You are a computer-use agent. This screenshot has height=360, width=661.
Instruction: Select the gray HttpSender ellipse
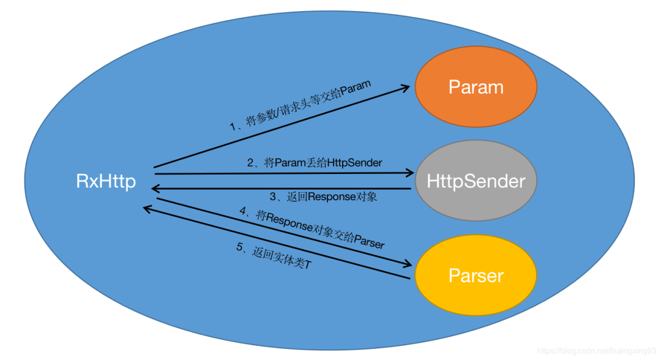click(476, 182)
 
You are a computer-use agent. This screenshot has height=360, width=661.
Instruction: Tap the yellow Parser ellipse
click(476, 276)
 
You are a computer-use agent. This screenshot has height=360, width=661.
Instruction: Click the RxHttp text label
click(106, 181)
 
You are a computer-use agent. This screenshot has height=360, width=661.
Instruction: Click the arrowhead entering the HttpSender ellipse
click(409, 174)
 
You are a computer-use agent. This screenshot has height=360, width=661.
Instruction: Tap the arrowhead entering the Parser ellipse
click(408, 264)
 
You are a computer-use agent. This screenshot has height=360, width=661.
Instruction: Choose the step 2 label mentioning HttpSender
click(315, 163)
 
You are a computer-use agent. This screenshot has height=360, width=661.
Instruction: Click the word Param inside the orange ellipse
click(476, 87)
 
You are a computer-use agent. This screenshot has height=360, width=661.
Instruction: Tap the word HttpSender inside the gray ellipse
click(476, 181)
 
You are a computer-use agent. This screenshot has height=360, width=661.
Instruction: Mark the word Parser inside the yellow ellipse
click(476, 276)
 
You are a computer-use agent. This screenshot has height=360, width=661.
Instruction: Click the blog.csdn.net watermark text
click(597, 351)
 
